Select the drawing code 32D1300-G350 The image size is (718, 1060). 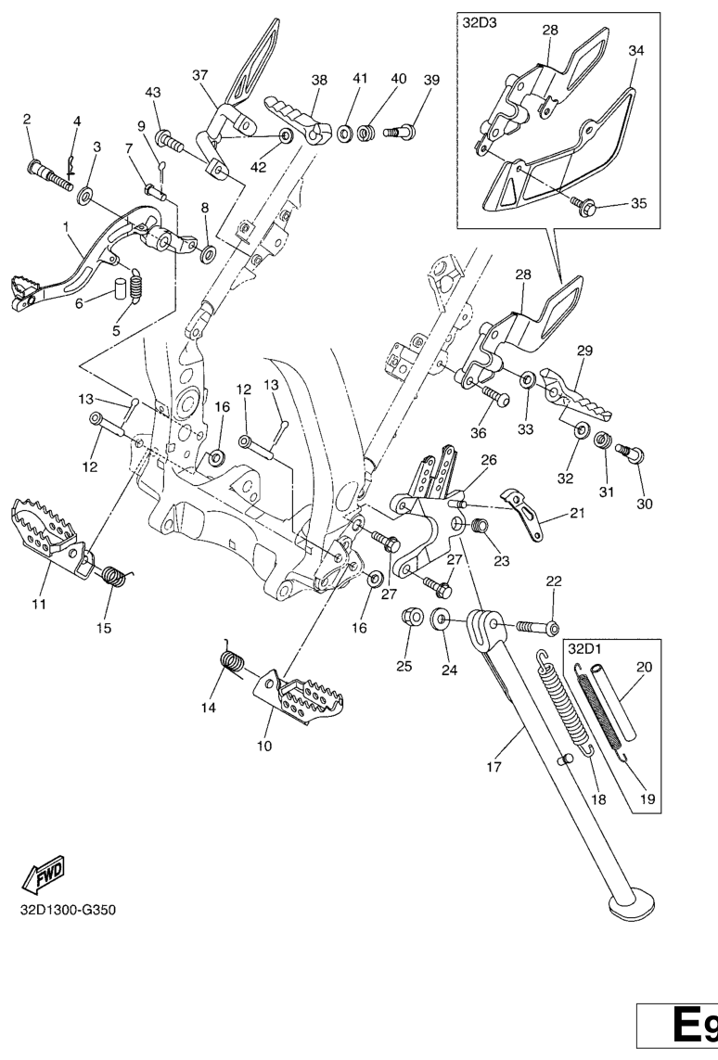pos(68,907)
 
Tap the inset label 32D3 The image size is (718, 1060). pos(480,23)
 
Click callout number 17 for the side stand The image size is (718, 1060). pos(493,767)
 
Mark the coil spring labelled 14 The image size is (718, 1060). pos(232,662)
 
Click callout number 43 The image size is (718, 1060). pos(153,92)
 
